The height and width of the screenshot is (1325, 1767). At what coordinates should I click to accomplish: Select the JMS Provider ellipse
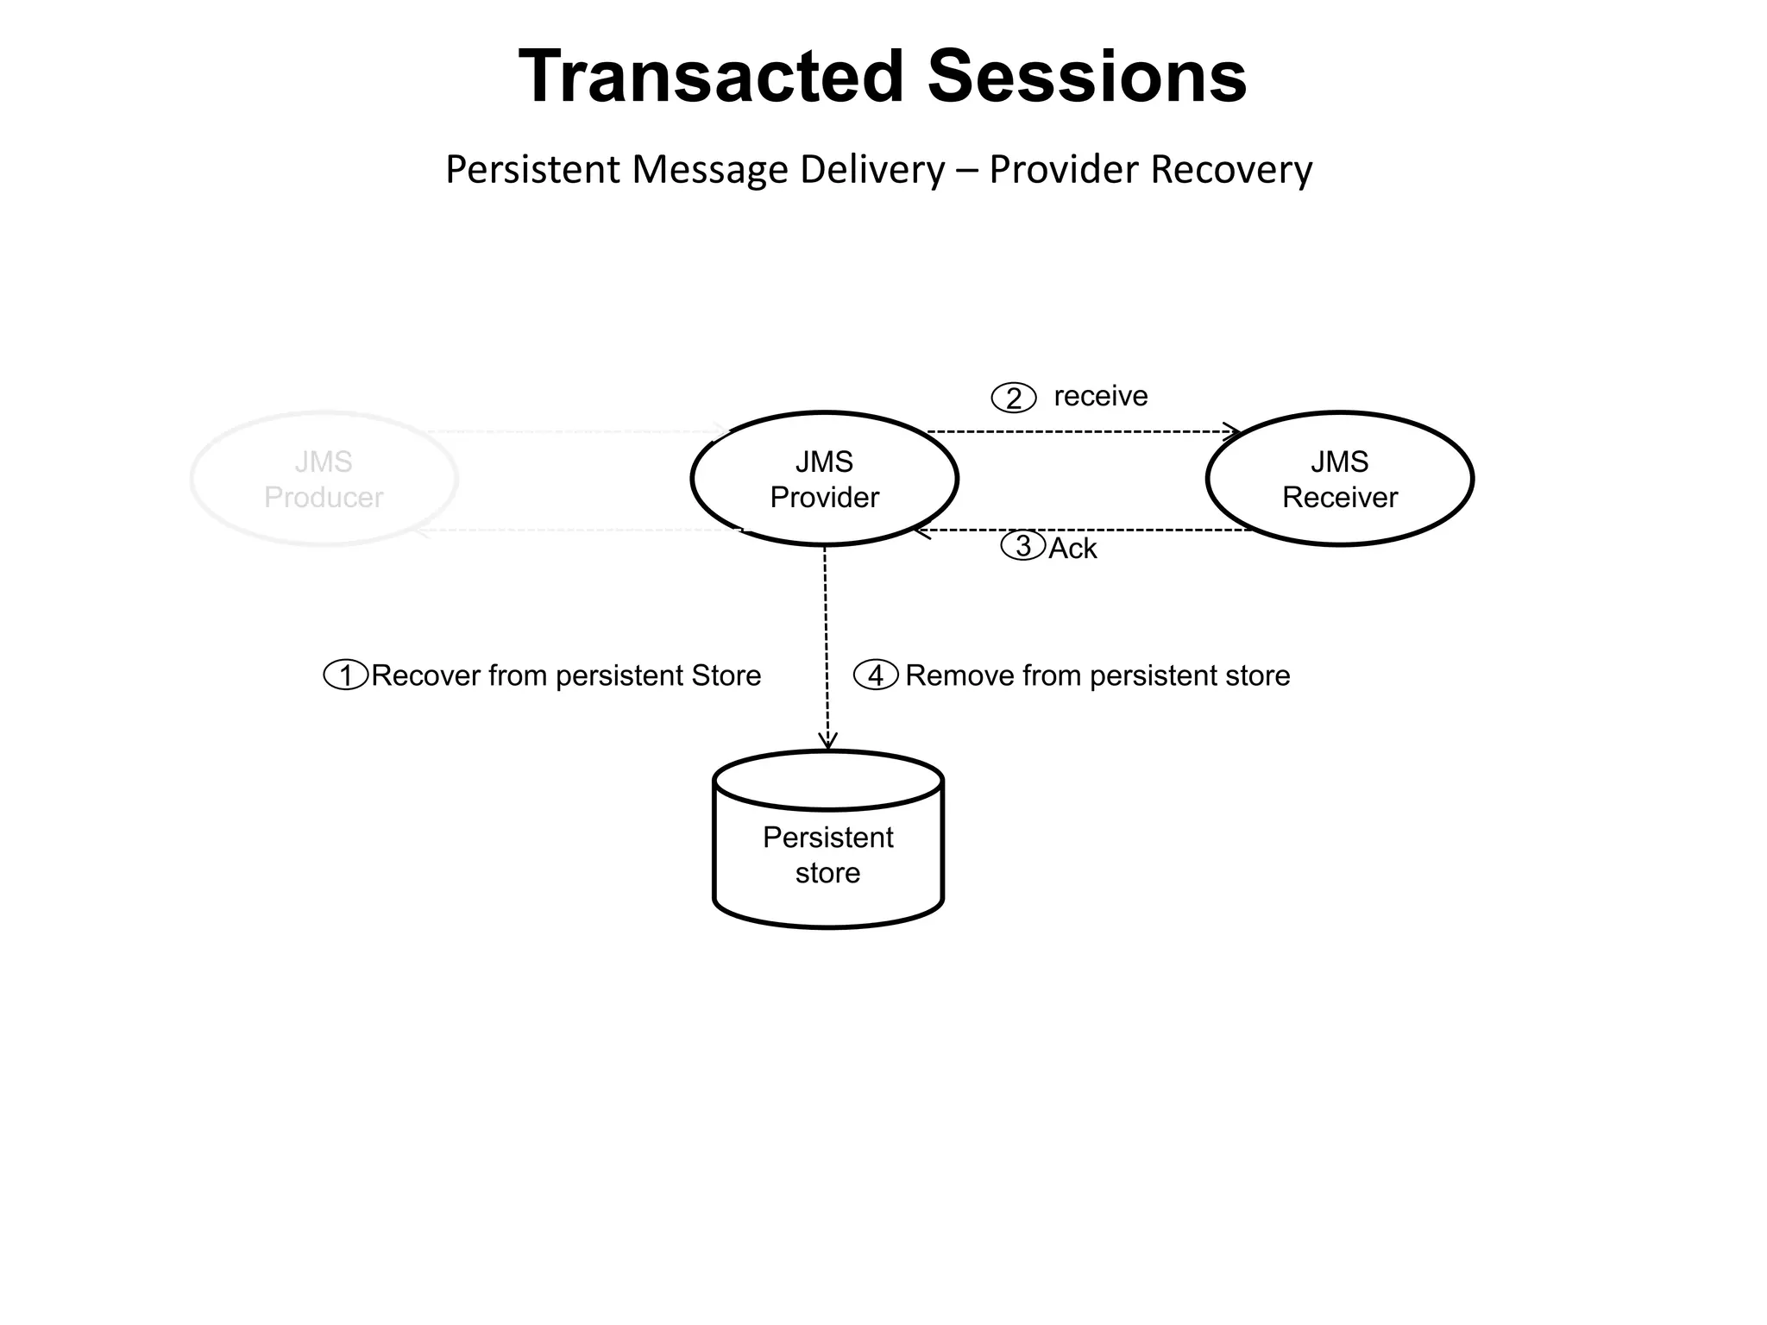click(824, 479)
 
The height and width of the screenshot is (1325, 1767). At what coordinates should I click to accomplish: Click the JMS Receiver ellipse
click(1339, 479)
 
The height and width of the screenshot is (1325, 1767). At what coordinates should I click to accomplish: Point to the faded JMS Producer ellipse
click(324, 479)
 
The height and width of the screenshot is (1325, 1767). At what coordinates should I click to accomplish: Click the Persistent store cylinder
click(827, 854)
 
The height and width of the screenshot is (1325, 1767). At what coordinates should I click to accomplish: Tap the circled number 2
click(1013, 398)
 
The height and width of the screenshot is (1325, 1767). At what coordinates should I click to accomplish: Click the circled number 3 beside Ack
click(1023, 546)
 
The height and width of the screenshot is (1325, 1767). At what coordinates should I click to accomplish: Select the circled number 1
click(346, 675)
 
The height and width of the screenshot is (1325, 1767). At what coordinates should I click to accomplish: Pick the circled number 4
click(876, 675)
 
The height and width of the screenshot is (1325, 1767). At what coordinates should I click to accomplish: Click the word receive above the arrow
click(1100, 396)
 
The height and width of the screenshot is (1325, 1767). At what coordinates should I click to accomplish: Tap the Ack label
click(1072, 549)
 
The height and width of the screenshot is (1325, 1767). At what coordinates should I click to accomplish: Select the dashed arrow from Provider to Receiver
click(1078, 431)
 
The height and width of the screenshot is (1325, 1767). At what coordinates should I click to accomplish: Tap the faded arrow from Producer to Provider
click(578, 431)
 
